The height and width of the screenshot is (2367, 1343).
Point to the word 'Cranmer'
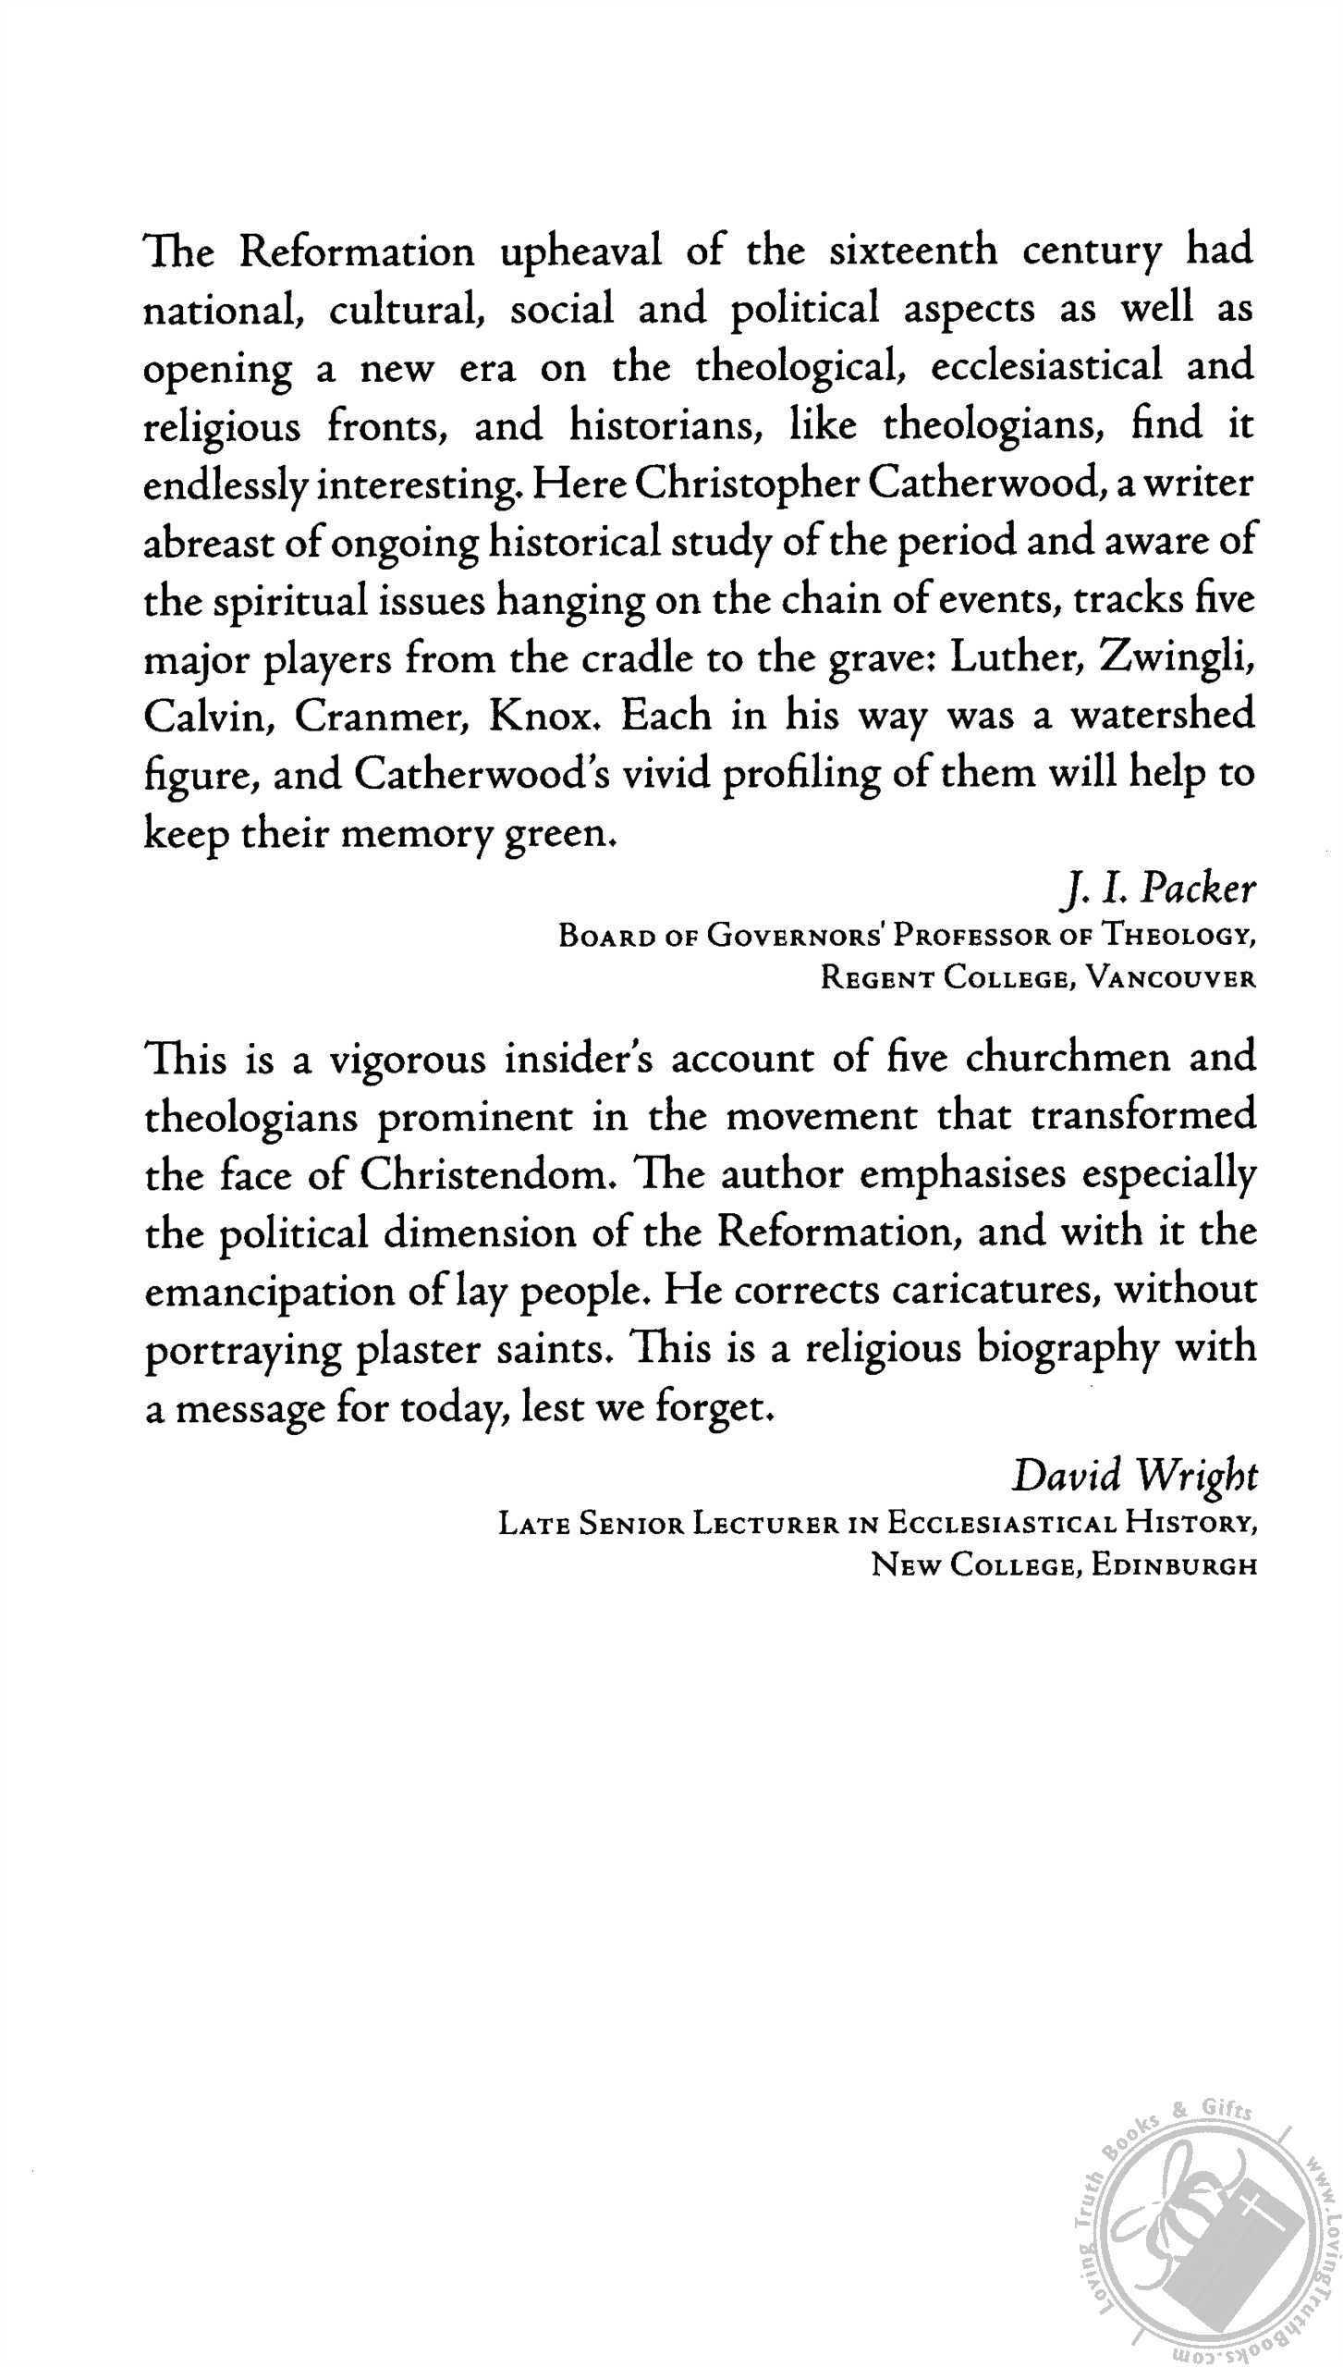(x=382, y=717)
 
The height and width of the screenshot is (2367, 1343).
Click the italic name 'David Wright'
(x=1134, y=1476)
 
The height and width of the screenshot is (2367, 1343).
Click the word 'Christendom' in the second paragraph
(x=484, y=1175)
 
